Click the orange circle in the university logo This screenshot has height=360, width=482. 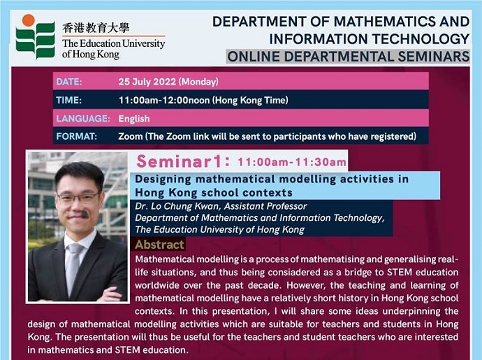(28, 20)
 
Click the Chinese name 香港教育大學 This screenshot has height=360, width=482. (96, 28)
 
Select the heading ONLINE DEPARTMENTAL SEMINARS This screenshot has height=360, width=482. (349, 57)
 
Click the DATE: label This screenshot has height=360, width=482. (69, 82)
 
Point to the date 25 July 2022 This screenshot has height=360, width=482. (147, 82)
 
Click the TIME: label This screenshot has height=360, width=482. (69, 100)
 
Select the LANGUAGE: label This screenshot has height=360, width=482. (83, 118)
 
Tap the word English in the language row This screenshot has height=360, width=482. (134, 119)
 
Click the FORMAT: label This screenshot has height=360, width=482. (77, 136)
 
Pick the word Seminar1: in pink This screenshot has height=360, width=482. (183, 161)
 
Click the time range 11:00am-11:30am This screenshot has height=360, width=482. (292, 162)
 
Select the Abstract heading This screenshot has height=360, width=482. (159, 245)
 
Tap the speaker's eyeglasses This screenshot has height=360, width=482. (78, 198)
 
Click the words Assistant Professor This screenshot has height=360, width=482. (265, 206)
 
